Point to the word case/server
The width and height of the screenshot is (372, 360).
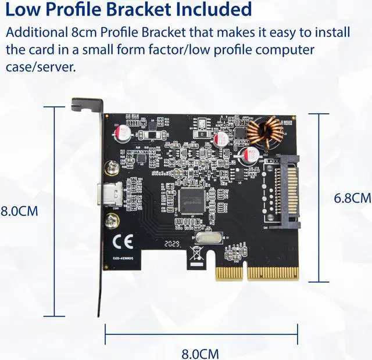41,67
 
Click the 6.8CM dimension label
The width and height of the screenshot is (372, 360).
352,198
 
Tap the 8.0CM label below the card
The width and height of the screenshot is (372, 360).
200,353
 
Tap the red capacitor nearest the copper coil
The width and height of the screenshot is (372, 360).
251,155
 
